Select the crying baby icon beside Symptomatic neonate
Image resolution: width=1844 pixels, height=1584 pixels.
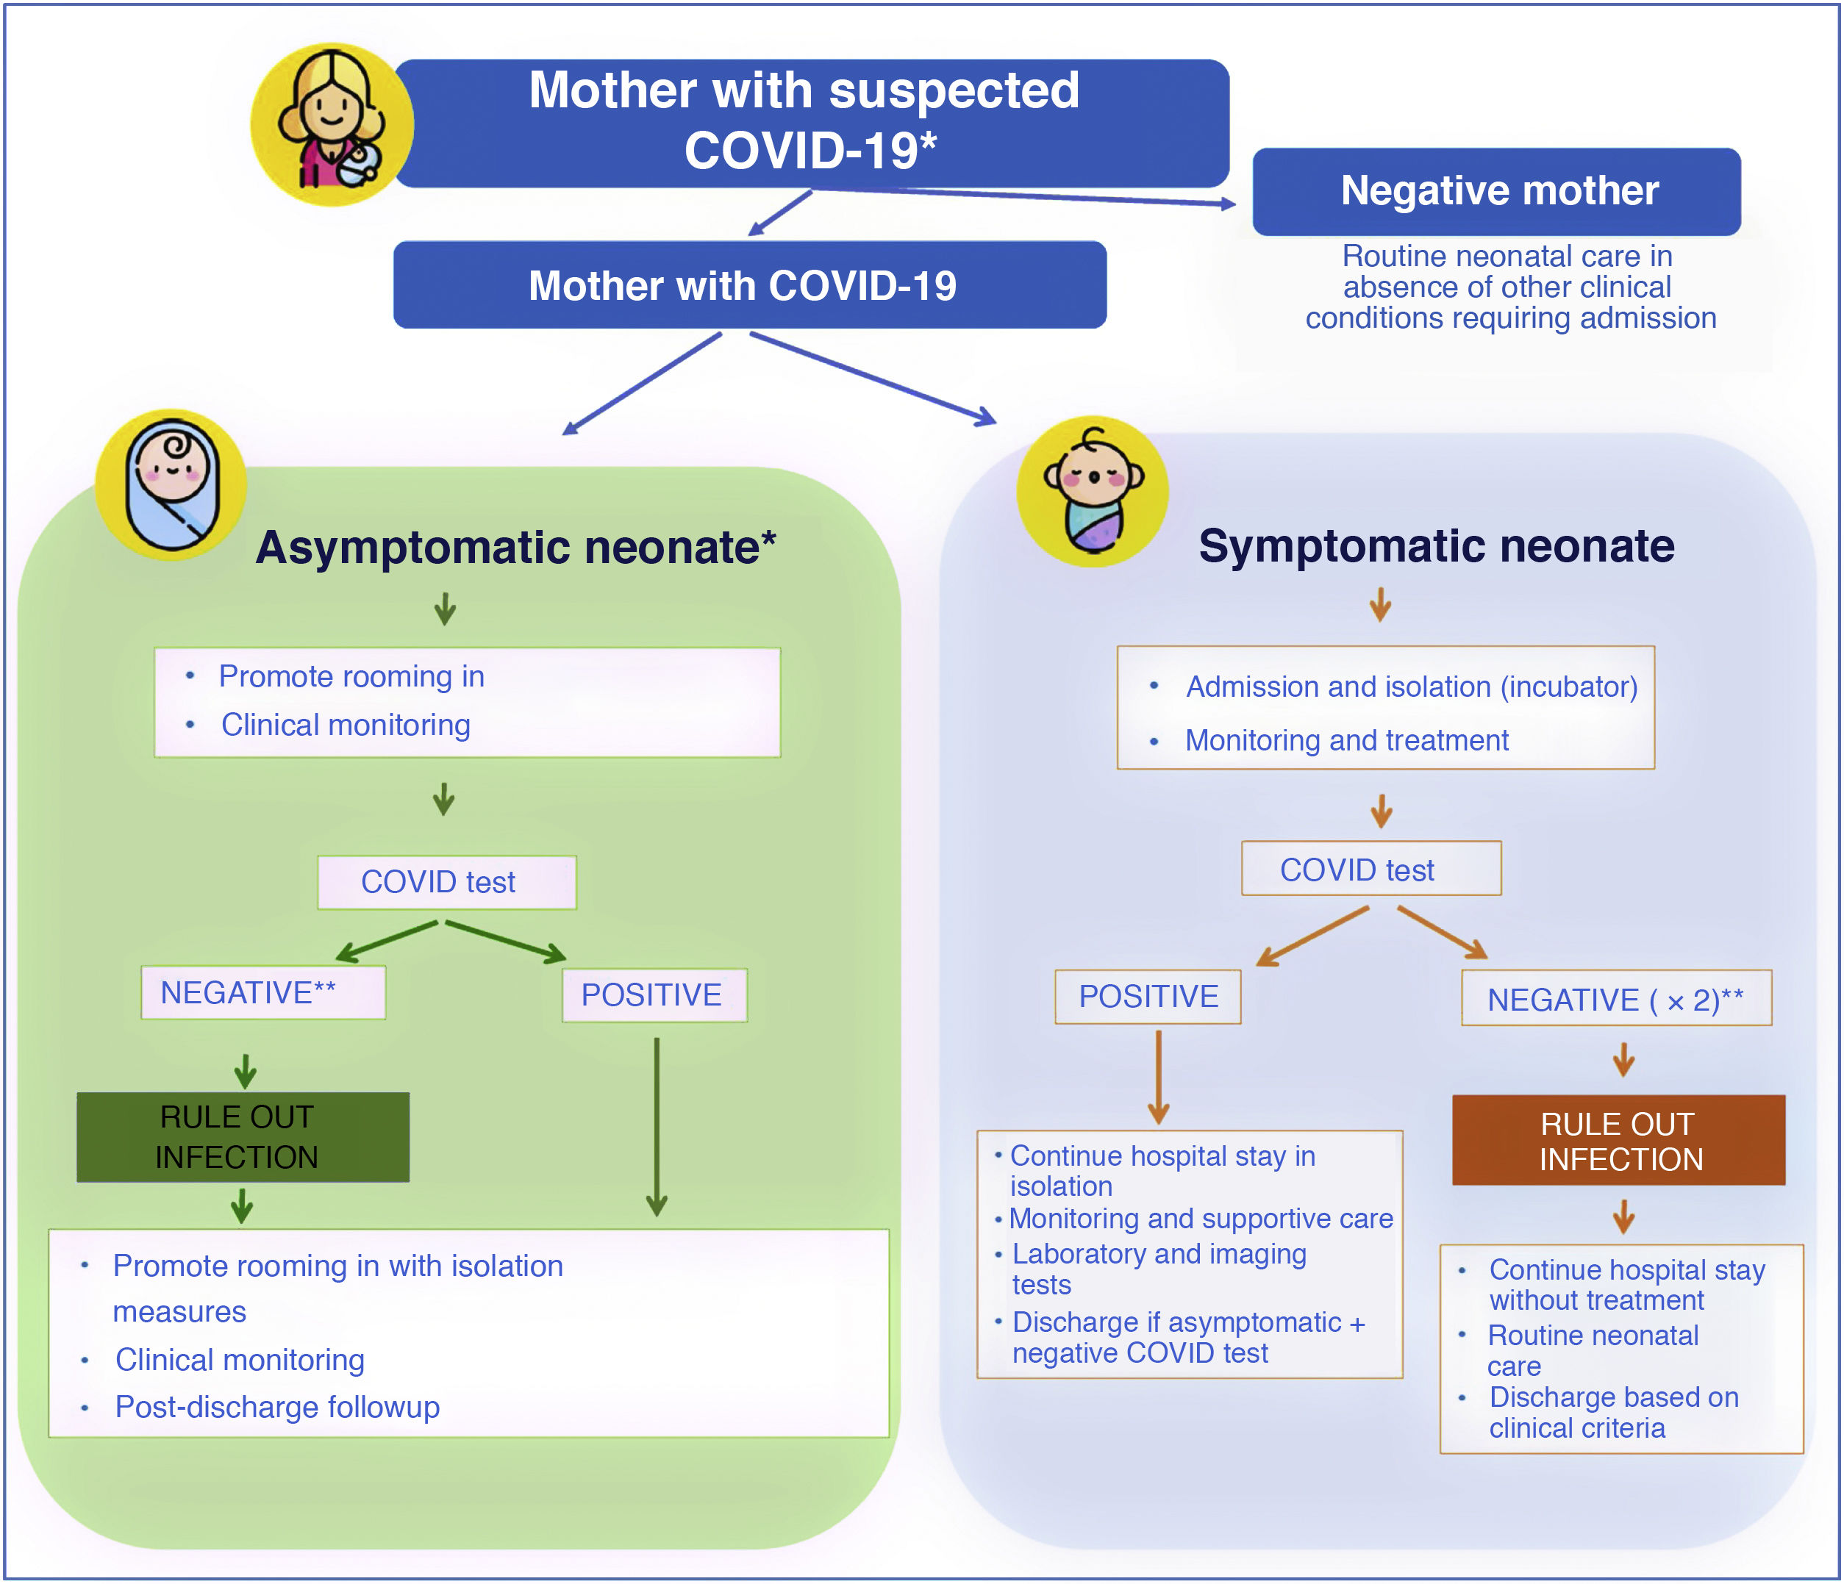[x=1093, y=491]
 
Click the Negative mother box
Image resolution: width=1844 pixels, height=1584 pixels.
[x=1496, y=191]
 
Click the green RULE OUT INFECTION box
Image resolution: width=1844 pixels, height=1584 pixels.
[x=243, y=1137]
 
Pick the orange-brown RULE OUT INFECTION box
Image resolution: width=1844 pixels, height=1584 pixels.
[x=1618, y=1140]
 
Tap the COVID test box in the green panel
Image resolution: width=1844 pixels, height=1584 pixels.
[x=447, y=882]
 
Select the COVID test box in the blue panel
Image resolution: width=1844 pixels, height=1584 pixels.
[x=1371, y=869]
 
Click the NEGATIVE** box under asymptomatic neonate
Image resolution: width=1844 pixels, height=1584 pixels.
[x=262, y=992]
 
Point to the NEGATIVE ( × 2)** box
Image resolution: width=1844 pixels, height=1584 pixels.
[x=1615, y=998]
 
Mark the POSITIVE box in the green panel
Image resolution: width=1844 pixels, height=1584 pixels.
[x=654, y=995]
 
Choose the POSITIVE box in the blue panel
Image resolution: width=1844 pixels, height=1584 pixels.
[x=1147, y=997]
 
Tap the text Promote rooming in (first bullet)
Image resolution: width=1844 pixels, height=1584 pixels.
[x=351, y=676]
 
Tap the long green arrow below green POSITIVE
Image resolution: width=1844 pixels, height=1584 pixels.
[x=657, y=1126]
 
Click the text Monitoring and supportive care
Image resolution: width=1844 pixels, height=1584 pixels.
[x=1201, y=1218]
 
